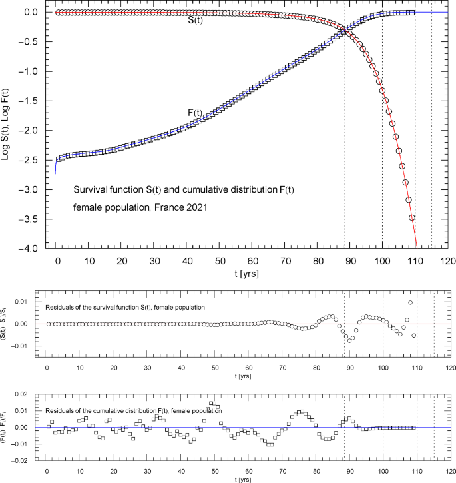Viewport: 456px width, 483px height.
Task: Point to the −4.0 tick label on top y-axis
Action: (30, 248)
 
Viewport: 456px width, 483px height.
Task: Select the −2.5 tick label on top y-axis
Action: (30, 160)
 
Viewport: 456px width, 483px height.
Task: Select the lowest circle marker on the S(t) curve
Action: (412, 217)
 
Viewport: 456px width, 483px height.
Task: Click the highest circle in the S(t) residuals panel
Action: (410, 303)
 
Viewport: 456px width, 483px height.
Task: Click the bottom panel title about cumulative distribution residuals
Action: (132, 410)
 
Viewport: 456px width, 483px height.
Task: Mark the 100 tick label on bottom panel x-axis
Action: (383, 471)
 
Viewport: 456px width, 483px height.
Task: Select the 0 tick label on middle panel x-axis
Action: (46, 368)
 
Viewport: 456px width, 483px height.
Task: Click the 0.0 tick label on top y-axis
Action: (31, 12)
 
